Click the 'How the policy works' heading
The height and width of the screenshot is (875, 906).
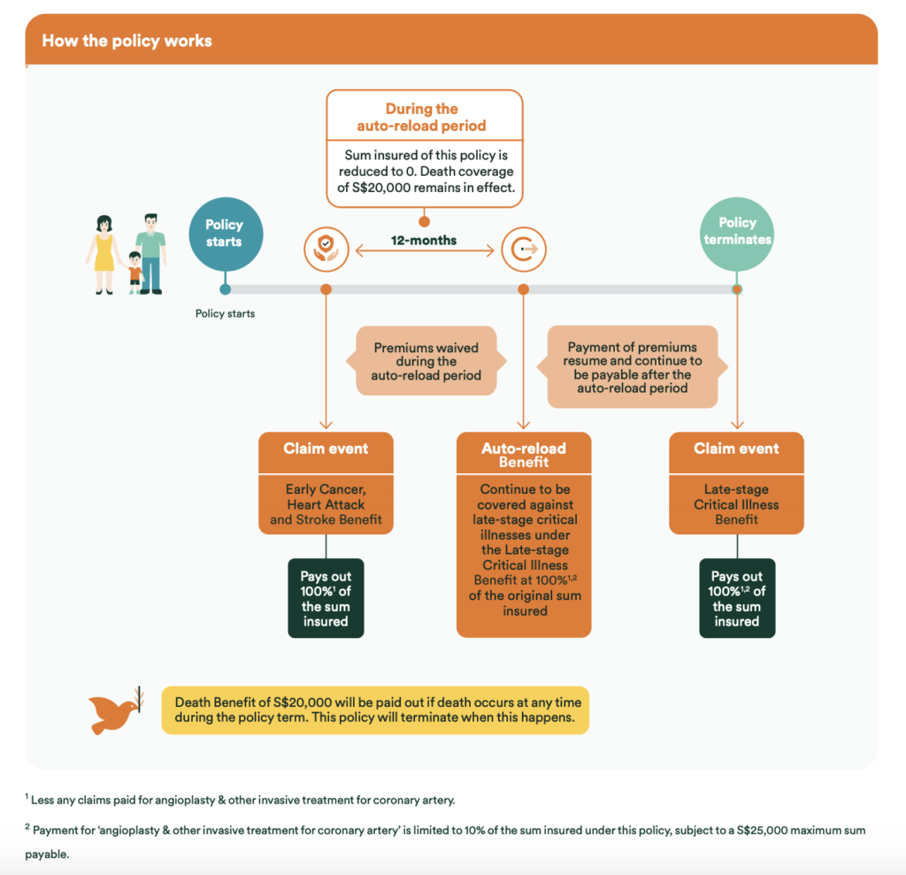click(x=127, y=41)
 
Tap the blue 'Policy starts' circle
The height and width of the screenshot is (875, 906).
click(x=226, y=234)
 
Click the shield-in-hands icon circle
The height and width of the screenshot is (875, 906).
click(x=326, y=249)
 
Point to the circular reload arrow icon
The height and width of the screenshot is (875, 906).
click(x=524, y=249)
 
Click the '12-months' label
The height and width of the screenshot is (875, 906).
click(x=424, y=241)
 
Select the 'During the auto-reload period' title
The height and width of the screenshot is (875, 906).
click(x=421, y=117)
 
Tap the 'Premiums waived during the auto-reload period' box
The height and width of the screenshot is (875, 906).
click(x=426, y=361)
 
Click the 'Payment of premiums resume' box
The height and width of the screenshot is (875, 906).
click(x=632, y=367)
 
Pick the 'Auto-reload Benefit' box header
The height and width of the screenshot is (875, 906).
click(x=524, y=454)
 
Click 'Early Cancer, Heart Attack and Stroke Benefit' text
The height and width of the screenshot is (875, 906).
click(x=326, y=504)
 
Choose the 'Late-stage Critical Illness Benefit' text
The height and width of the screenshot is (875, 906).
click(x=736, y=504)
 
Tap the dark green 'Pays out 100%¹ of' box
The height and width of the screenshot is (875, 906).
click(x=326, y=598)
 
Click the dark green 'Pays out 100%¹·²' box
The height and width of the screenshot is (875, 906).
click(x=737, y=598)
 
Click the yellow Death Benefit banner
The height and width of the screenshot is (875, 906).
click(x=375, y=710)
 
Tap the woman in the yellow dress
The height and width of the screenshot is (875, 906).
click(x=104, y=255)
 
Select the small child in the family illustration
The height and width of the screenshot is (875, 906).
click(x=134, y=272)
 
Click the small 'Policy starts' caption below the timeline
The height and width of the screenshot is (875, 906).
click(x=225, y=314)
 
